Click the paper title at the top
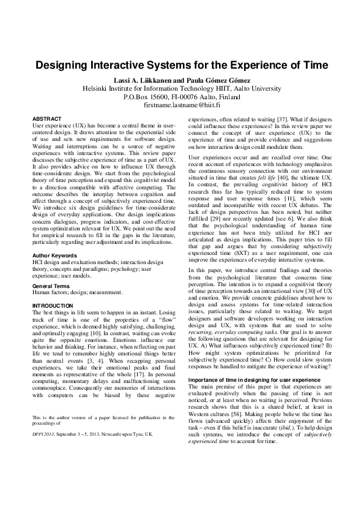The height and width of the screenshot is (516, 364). click(x=182, y=64)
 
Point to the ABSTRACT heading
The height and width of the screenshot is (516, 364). click(x=48, y=118)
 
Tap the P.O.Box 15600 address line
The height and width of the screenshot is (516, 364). click(x=182, y=97)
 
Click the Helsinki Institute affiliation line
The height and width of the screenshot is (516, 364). click(x=182, y=89)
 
